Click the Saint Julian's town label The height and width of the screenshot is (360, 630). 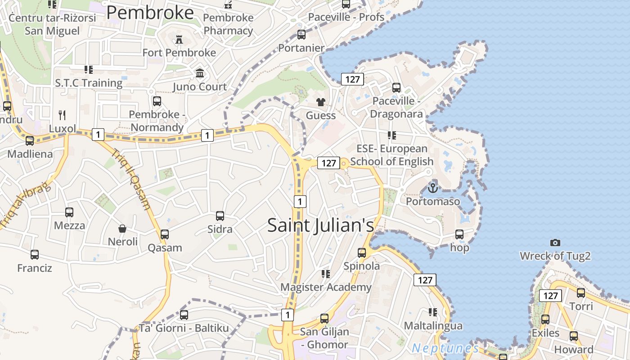tap(320, 225)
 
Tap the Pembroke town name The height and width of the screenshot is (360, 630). tap(150, 13)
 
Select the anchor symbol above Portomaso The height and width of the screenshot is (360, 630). tap(433, 188)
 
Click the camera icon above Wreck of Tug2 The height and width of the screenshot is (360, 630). tap(555, 243)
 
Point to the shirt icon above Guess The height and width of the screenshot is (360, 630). tap(320, 102)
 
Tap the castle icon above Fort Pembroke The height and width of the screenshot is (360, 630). tap(179, 40)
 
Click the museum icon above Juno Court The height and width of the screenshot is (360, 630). tap(200, 73)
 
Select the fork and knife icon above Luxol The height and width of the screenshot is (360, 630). tap(63, 115)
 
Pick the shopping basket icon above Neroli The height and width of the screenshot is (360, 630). tap(122, 229)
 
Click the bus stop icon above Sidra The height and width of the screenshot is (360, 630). tap(220, 216)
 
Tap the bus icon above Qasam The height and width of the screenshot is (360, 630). tap(165, 234)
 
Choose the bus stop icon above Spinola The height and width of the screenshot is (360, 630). tap(362, 253)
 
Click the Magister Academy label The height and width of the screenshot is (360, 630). tap(326, 287)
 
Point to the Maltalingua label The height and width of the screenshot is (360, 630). tap(433, 325)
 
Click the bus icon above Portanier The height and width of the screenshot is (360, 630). tap(301, 35)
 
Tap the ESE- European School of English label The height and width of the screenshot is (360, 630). tap(391, 155)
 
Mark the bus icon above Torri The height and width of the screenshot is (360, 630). tap(581, 293)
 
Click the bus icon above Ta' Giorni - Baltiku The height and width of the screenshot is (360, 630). tap(184, 315)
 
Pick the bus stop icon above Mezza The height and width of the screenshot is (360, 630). tap(69, 212)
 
